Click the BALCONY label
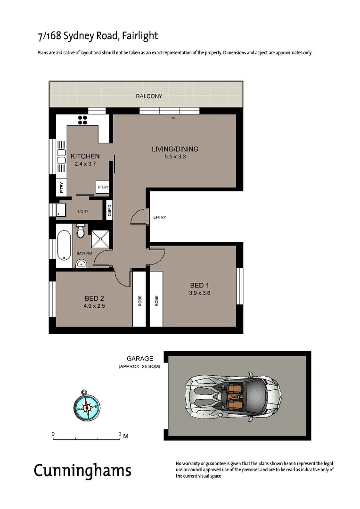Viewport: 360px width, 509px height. [x=149, y=96]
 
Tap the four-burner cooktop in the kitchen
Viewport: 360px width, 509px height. [x=82, y=120]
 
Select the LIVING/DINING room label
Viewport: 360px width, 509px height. [x=175, y=149]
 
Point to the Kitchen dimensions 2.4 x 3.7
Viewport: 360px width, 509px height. [x=85, y=164]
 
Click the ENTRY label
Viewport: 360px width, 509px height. [x=160, y=217]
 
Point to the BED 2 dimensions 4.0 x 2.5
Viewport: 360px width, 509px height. [x=95, y=306]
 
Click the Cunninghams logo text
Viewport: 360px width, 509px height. [x=82, y=470]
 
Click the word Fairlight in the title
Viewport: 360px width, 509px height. [x=141, y=36]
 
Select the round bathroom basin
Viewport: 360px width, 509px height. [x=82, y=263]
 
